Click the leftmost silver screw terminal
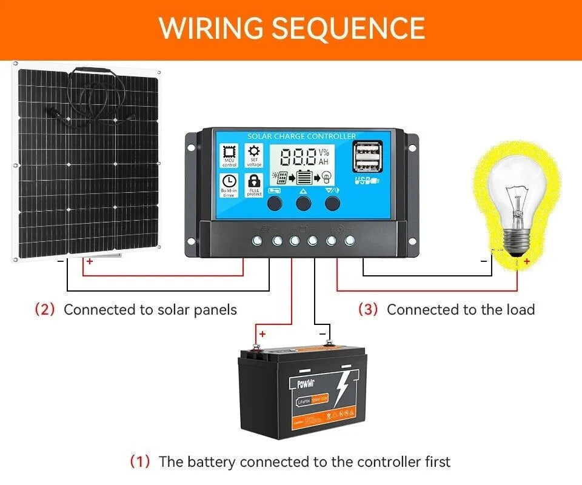click(x=258, y=241)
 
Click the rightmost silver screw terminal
click(x=349, y=241)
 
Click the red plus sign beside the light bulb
click(x=527, y=261)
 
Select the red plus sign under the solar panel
click(x=90, y=261)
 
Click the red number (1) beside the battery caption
click(x=140, y=461)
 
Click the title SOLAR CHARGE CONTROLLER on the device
click(x=302, y=136)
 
